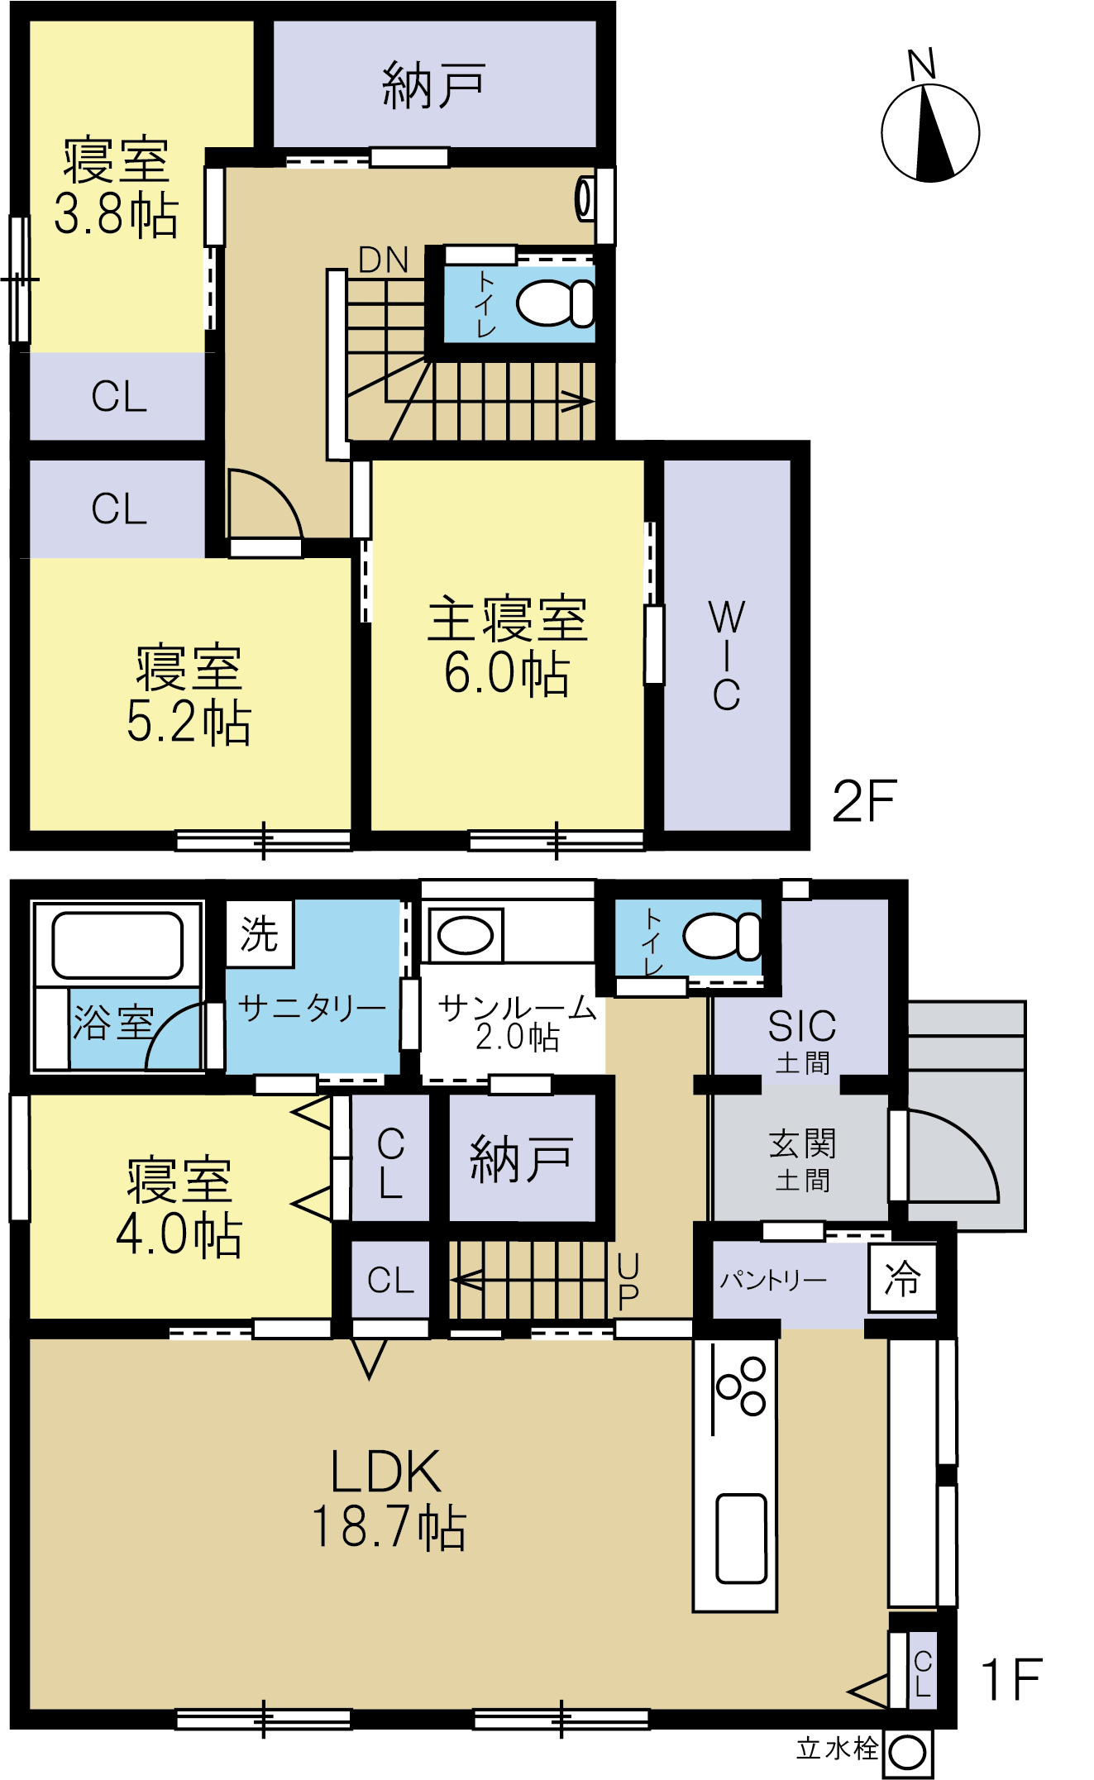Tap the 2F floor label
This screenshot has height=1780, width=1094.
864,800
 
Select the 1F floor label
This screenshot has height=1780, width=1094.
1010,1679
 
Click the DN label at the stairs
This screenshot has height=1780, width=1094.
384,260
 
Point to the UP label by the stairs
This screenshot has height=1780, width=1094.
628,1281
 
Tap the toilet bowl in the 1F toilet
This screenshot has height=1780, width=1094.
721,936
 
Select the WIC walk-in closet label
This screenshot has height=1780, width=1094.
727,656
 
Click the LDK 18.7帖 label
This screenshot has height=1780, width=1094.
389,1498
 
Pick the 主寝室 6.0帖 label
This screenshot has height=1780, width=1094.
507,645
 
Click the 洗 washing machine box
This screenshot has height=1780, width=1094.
260,933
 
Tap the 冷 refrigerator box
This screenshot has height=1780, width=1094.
902,1278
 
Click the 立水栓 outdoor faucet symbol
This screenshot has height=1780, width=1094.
908,1752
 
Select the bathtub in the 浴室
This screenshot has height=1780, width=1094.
117,945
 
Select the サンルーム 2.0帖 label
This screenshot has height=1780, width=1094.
517,1022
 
